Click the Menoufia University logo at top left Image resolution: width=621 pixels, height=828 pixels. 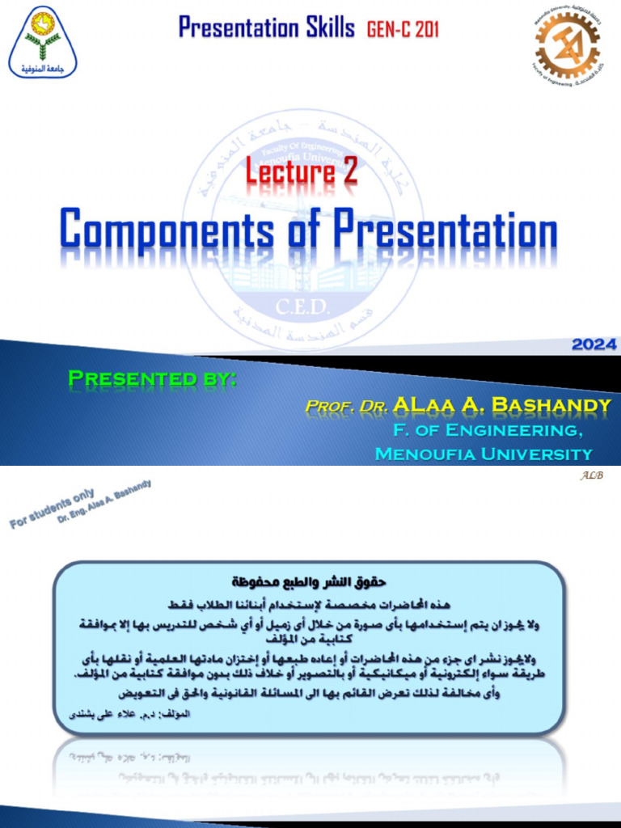[x=43, y=42]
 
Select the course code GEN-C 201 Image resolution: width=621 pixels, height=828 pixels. [x=403, y=31]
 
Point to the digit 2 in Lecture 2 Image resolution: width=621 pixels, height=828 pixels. [x=349, y=171]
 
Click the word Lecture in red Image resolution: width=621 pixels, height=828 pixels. [x=290, y=171]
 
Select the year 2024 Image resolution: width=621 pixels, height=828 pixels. [x=594, y=344]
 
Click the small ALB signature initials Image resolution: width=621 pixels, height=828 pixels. [x=591, y=475]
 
